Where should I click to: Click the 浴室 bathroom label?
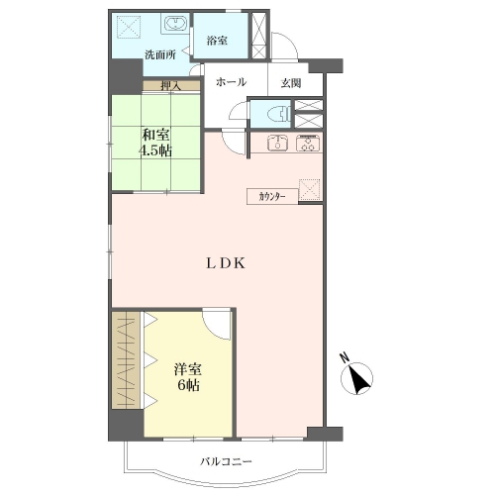(x=217, y=41)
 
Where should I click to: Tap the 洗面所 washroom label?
(x=160, y=54)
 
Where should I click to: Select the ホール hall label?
(x=231, y=82)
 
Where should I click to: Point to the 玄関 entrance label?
(x=291, y=83)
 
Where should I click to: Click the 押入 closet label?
(x=170, y=86)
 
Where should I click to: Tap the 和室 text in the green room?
(x=155, y=135)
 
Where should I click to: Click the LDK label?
(x=226, y=263)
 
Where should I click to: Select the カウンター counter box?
(x=272, y=197)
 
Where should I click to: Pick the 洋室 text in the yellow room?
(x=188, y=369)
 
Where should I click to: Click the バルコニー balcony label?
(x=226, y=461)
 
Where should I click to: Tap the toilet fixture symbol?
(x=278, y=114)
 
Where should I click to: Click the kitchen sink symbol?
(x=277, y=144)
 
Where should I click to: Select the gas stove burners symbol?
(x=308, y=144)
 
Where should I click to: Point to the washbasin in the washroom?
(x=176, y=24)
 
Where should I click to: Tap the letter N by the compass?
(x=345, y=358)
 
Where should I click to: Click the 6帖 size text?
(x=188, y=385)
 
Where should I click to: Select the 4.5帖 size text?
(x=155, y=150)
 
